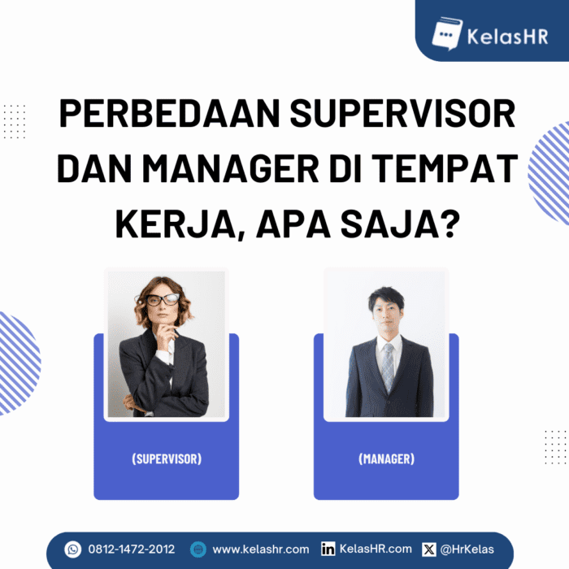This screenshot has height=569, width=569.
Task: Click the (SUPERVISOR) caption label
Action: (x=166, y=459)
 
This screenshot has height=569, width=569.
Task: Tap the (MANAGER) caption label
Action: (x=386, y=459)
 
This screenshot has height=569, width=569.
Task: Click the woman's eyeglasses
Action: (x=162, y=299)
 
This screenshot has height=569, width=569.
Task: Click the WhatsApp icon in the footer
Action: (x=73, y=549)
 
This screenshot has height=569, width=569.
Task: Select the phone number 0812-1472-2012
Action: (x=132, y=549)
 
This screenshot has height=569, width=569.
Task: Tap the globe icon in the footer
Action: (x=198, y=549)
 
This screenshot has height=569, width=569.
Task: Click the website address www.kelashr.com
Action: (x=260, y=549)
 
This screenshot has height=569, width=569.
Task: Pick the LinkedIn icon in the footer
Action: (x=328, y=549)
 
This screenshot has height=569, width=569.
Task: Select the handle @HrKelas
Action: (x=467, y=549)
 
